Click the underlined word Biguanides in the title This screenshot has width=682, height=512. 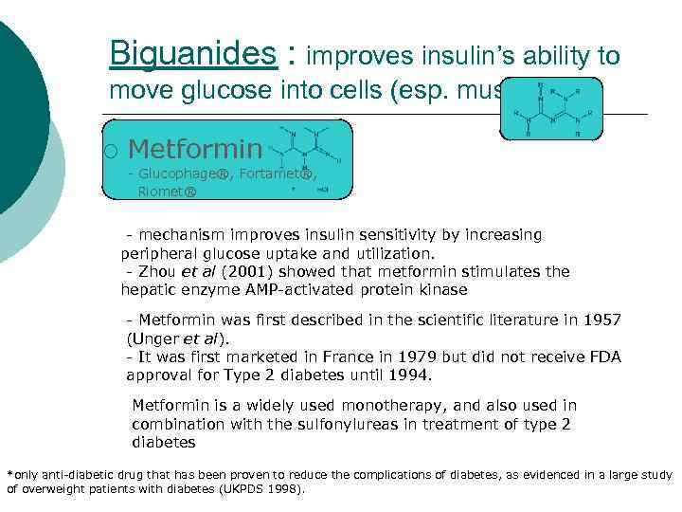point(193,54)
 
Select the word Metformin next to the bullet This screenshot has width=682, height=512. point(195,149)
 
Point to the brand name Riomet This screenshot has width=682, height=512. point(166,191)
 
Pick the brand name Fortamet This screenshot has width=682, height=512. point(278,174)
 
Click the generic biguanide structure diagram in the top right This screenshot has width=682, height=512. point(553,109)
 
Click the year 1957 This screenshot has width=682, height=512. point(601,320)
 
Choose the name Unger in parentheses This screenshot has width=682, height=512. point(153,338)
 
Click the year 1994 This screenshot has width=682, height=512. point(410,375)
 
